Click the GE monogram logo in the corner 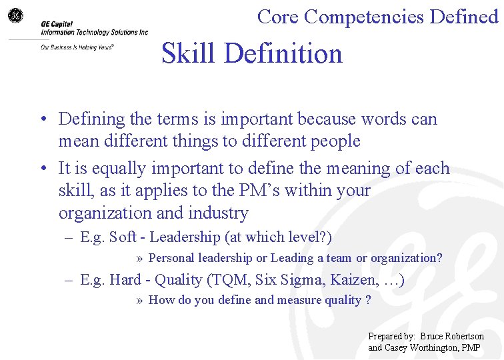coord(15,15)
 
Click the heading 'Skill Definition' coord(252,54)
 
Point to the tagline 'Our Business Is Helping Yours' coord(77,47)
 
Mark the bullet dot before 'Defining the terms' coord(42,120)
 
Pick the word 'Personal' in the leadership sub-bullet coord(167,258)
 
